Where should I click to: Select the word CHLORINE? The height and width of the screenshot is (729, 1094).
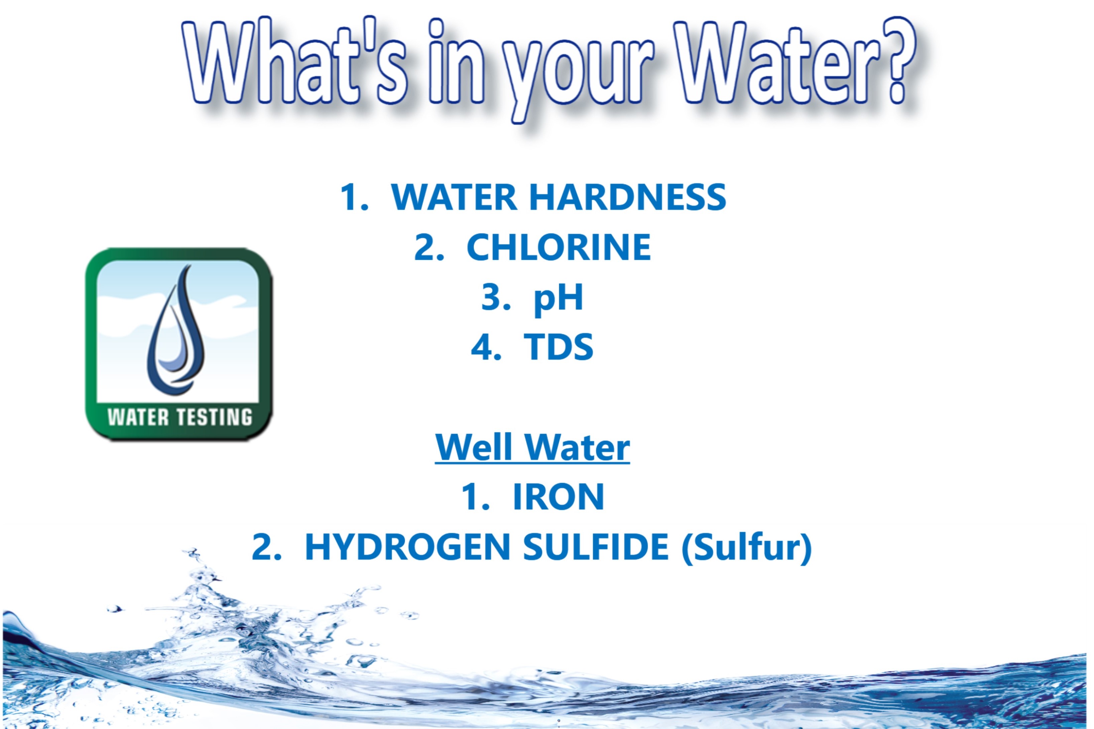(559, 247)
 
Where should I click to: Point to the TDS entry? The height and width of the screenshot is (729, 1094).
(559, 347)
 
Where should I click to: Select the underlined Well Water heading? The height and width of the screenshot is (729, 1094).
(532, 447)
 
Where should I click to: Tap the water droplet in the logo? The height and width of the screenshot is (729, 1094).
(176, 330)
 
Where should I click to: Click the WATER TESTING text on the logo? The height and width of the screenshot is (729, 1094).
(180, 417)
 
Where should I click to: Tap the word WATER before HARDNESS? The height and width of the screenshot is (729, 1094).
(454, 197)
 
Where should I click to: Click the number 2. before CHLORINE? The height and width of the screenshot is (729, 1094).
(429, 247)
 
